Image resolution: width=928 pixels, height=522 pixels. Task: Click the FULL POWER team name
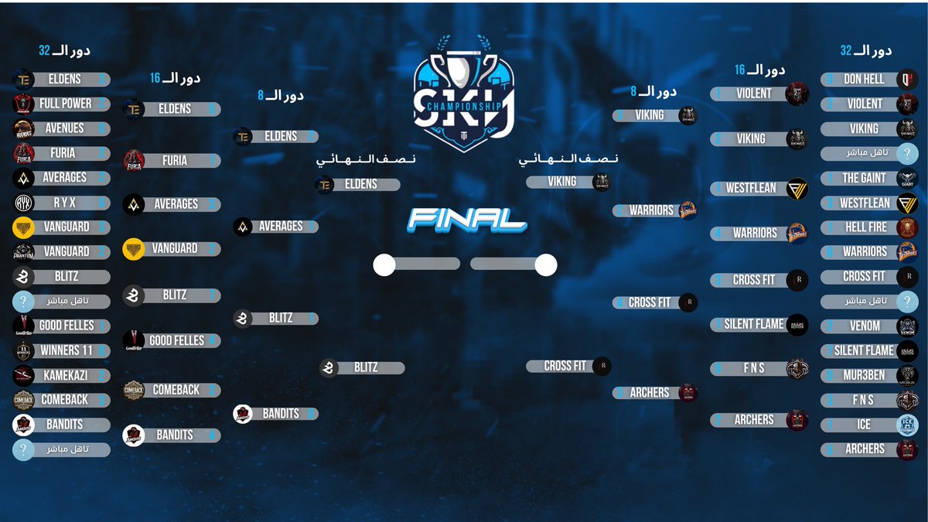(x=65, y=104)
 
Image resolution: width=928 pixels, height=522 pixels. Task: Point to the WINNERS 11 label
(x=66, y=350)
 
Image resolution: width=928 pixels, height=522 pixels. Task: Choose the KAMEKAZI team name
(x=64, y=375)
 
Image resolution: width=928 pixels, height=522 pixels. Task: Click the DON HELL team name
(x=864, y=79)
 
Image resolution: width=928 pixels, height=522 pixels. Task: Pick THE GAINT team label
(x=864, y=178)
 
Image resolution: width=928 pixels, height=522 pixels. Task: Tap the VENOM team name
(x=865, y=326)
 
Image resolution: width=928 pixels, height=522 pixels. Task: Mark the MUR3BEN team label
(x=864, y=376)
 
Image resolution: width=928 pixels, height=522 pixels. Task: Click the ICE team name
(x=864, y=425)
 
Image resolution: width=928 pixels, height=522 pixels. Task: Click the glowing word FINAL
(x=467, y=219)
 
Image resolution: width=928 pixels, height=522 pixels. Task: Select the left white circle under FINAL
(x=384, y=265)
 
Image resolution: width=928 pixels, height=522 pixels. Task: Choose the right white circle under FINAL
(x=546, y=265)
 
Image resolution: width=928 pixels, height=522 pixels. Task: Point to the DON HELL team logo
(x=908, y=79)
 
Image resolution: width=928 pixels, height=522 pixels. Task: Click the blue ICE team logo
(x=908, y=425)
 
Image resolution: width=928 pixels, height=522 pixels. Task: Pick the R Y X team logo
(x=23, y=203)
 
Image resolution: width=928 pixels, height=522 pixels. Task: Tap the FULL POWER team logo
(x=23, y=104)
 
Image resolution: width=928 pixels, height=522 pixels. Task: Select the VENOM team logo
(x=908, y=326)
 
